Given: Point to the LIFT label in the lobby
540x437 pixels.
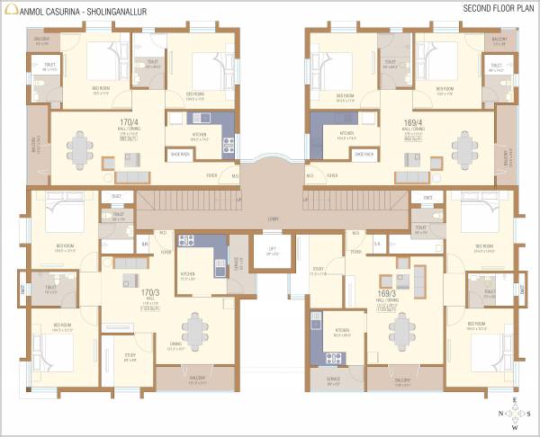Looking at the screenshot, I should pyautogui.click(x=272, y=251).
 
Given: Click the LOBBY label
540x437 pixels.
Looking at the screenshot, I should pyautogui.click(x=272, y=218).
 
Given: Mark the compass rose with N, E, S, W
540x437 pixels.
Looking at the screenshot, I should pyautogui.click(x=514, y=415).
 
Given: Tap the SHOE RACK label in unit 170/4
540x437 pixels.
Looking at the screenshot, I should pyautogui.click(x=179, y=155).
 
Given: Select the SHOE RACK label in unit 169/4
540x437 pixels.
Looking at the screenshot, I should pyautogui.click(x=364, y=155).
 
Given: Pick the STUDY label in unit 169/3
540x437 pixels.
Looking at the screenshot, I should pyautogui.click(x=318, y=271).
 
